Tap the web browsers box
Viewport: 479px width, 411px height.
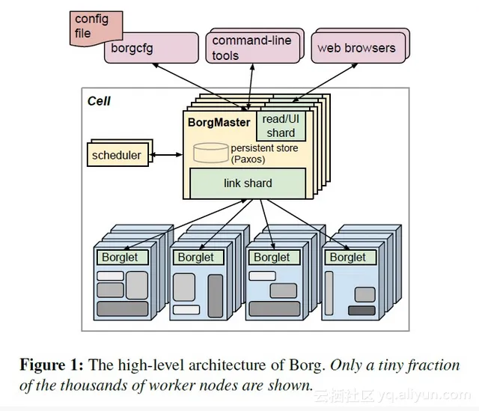356,47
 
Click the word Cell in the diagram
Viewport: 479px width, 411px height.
99,100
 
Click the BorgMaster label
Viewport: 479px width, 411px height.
219,122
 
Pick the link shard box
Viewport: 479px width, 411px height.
248,183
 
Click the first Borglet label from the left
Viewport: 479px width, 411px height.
118,257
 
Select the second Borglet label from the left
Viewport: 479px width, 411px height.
195,257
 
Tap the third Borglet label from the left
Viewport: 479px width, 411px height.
271,257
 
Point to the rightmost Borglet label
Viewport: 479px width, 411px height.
347,257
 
